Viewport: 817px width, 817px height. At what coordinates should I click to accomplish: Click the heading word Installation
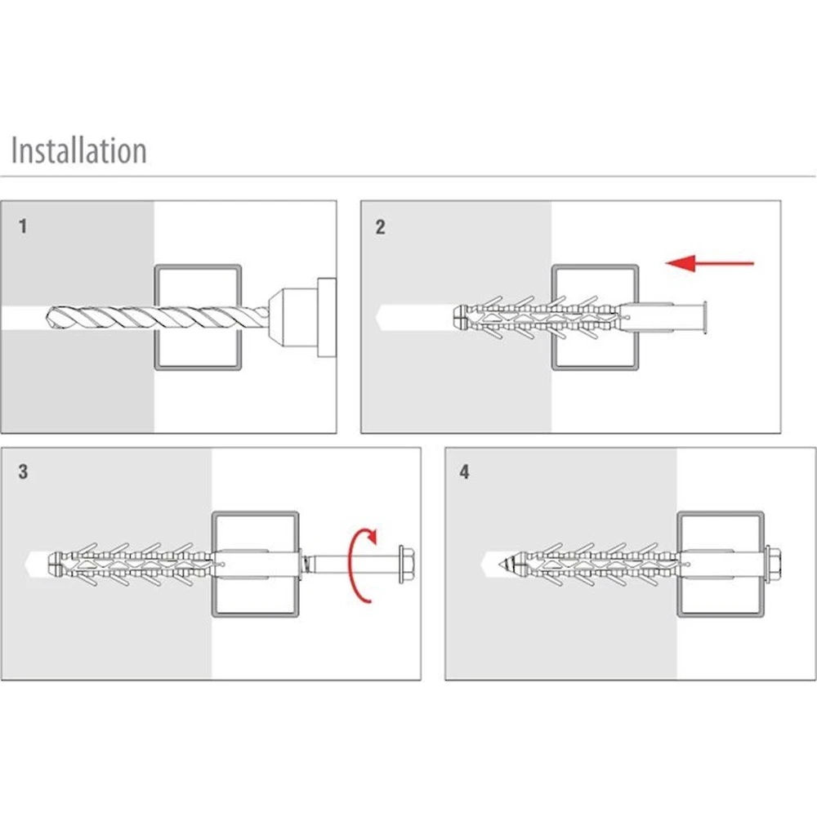pyautogui.click(x=78, y=151)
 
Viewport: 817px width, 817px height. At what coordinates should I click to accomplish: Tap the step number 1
pyautogui.click(x=23, y=226)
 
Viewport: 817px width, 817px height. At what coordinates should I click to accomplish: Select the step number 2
pyautogui.click(x=380, y=227)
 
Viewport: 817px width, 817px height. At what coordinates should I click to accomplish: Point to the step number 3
pyautogui.click(x=23, y=471)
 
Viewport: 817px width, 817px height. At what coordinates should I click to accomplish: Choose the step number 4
pyautogui.click(x=464, y=472)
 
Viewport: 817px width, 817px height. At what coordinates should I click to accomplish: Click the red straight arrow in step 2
pyautogui.click(x=709, y=263)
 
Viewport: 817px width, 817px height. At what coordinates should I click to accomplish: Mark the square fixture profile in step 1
pyautogui.click(x=199, y=270)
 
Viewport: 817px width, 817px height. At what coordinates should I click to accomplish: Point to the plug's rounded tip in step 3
pyautogui.click(x=54, y=563)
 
